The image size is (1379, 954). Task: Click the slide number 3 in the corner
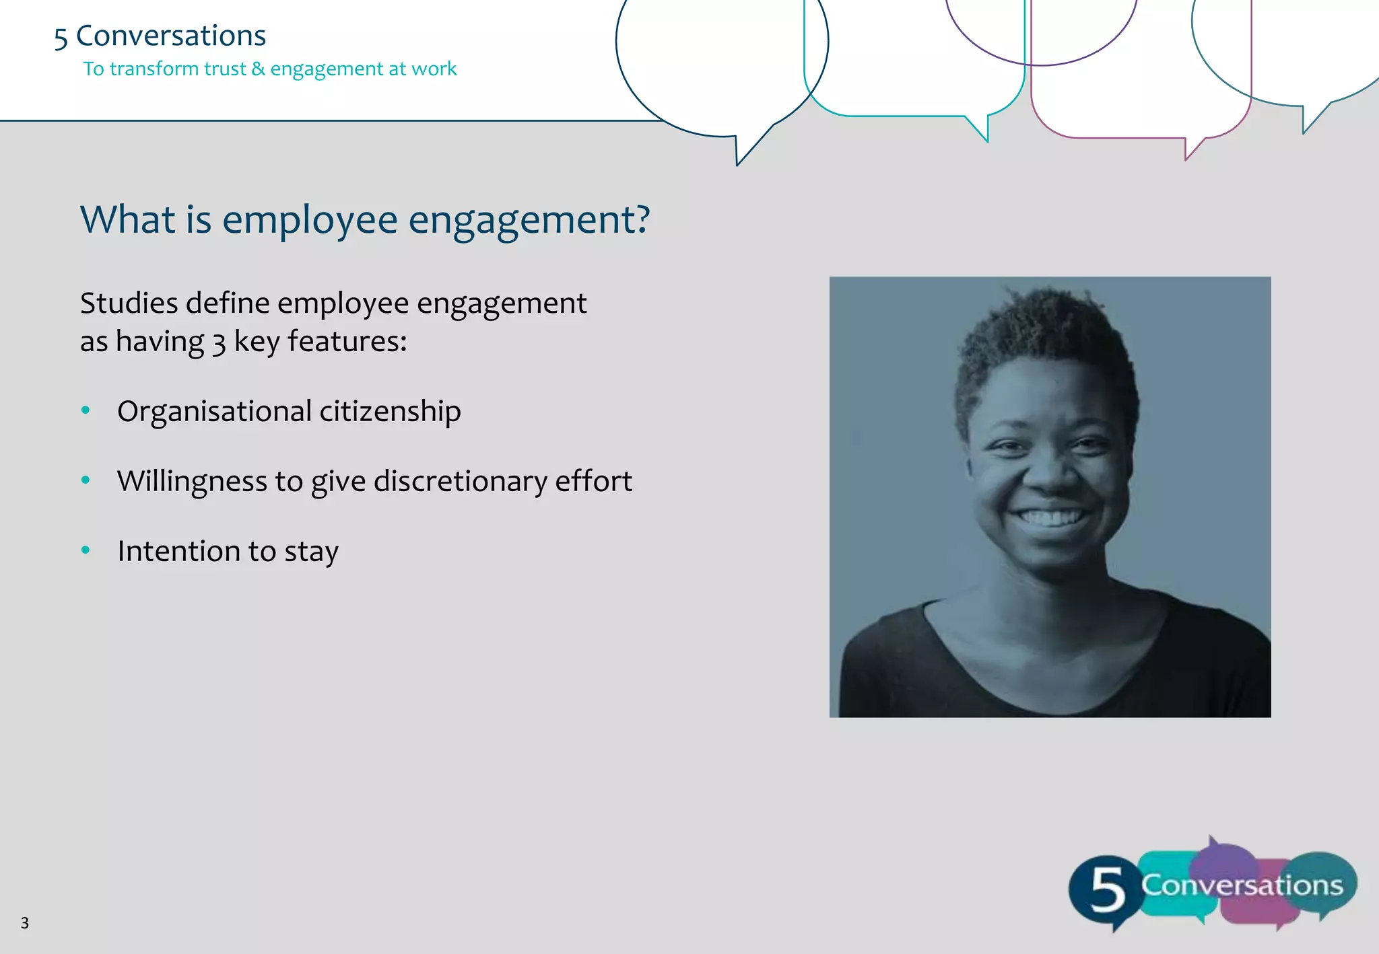coord(25,923)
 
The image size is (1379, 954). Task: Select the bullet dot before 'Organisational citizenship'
coord(86,410)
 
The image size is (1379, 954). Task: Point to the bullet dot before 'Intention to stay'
coord(86,550)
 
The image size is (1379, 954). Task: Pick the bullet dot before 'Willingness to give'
coord(86,480)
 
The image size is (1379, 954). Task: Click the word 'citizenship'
coord(390,412)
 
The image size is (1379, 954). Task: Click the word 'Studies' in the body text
coord(129,303)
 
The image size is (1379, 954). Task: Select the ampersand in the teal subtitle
coord(258,69)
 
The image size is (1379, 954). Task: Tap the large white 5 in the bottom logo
coord(1107,889)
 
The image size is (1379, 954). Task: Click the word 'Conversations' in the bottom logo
coord(1242,885)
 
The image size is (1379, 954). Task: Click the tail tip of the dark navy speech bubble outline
coord(738,163)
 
